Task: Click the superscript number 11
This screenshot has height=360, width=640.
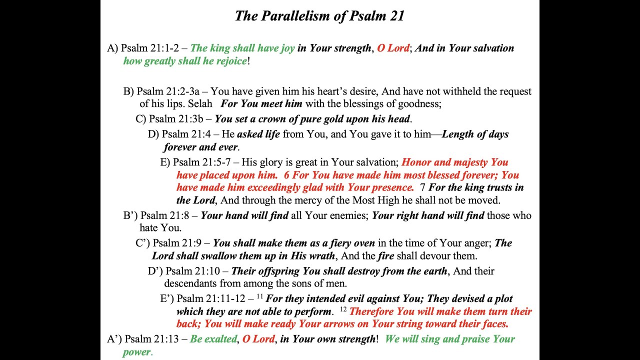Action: [260, 296]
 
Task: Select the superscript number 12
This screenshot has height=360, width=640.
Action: [343, 309]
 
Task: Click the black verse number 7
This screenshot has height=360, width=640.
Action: [422, 188]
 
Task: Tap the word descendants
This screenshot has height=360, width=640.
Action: [190, 283]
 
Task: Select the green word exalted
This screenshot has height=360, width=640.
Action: [220, 339]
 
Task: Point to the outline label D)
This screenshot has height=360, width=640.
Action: [153, 134]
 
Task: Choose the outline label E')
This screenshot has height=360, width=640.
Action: [167, 299]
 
